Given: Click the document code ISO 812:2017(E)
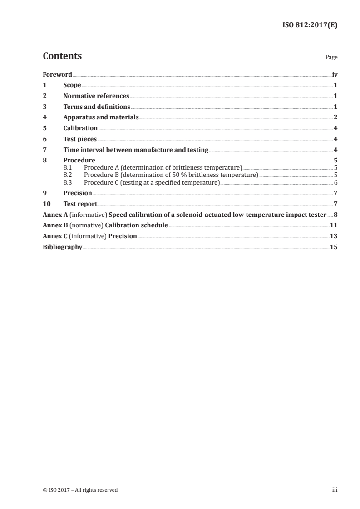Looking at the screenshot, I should pyautogui.click(x=311, y=25).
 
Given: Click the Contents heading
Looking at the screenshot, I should pyautogui.click(x=62, y=56).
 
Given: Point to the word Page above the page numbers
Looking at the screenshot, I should pyautogui.click(x=331, y=58).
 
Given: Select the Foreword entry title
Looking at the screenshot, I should pyautogui.click(x=57, y=74).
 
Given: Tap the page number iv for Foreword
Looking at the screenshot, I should pyautogui.click(x=335, y=74).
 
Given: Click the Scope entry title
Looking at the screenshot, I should pyautogui.click(x=72, y=85).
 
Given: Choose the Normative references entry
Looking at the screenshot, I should pyautogui.click(x=96, y=96).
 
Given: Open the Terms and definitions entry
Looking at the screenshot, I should pyautogui.click(x=97, y=107).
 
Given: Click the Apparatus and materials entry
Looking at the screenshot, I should pyautogui.click(x=101, y=117).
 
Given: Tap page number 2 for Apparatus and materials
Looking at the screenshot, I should pyautogui.click(x=335, y=117).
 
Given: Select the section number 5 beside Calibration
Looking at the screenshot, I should pyautogui.click(x=44, y=128).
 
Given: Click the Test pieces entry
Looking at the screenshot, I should pyautogui.click(x=80, y=139).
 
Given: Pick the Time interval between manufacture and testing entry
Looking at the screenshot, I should pyautogui.click(x=136, y=150).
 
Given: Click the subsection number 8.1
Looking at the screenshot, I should pyautogui.click(x=68, y=167).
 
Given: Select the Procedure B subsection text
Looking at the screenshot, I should pyautogui.click(x=171, y=175).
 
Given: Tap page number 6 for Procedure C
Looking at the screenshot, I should pyautogui.click(x=335, y=182).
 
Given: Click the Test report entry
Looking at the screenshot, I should pyautogui.click(x=80, y=204).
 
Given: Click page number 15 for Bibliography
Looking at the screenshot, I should pyautogui.click(x=334, y=247).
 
